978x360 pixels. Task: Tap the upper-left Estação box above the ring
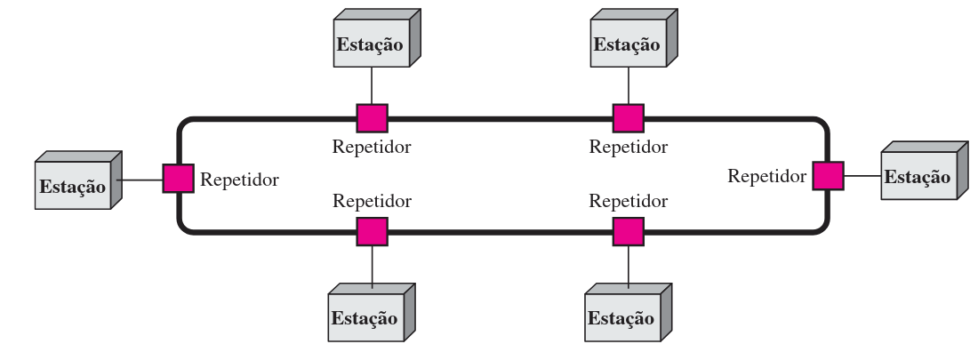369,44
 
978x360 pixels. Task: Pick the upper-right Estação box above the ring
627,44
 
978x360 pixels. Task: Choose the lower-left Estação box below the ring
365,317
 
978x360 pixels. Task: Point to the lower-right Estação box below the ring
621,317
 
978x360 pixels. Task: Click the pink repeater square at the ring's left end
178,179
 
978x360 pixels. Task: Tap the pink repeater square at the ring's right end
828,175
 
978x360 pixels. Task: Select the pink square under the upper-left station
372,118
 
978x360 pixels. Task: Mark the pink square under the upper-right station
629,118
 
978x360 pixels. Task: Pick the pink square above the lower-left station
372,232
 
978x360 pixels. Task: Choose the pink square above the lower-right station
629,232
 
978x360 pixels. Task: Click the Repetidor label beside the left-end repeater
239,180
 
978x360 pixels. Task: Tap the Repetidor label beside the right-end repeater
766,176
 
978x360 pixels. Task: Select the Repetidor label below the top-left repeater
372,147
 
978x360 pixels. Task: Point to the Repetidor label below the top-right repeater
629,147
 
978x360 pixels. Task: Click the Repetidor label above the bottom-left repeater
372,202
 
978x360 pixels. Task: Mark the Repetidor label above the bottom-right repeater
629,202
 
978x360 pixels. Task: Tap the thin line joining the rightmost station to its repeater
862,176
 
